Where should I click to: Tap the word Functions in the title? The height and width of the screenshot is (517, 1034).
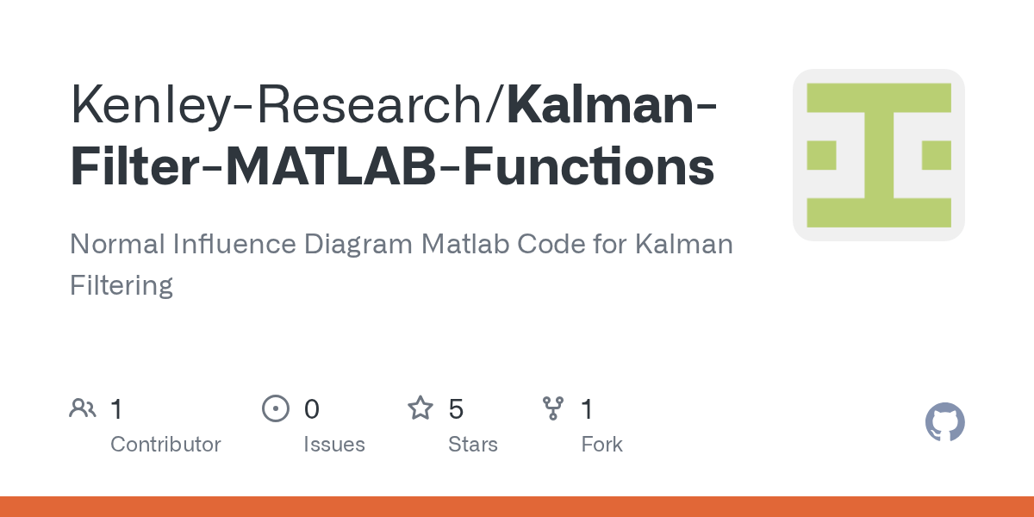click(x=589, y=166)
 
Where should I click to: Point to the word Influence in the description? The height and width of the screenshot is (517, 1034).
click(x=238, y=244)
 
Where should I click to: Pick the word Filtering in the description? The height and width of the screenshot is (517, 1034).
click(x=121, y=284)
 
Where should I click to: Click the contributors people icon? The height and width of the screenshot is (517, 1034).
click(x=83, y=408)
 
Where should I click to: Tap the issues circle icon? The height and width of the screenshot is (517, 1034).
click(x=275, y=408)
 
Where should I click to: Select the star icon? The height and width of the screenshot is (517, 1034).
click(x=420, y=408)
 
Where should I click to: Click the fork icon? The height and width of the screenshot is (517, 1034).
click(x=553, y=408)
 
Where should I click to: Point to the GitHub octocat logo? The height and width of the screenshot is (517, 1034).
click(x=944, y=423)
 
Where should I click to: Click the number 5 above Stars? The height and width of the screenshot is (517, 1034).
click(x=456, y=409)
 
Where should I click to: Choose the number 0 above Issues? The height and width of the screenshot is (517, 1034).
click(x=311, y=409)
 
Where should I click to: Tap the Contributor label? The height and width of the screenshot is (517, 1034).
click(x=165, y=445)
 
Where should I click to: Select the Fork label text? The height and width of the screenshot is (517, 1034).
click(x=601, y=445)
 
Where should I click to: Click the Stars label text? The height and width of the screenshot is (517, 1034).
click(x=472, y=445)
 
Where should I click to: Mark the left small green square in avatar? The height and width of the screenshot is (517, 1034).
click(x=821, y=155)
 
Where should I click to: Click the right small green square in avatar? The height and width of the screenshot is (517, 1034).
click(x=936, y=155)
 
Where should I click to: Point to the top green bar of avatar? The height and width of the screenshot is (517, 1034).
click(x=878, y=97)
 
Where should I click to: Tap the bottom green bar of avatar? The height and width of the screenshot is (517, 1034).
click(x=878, y=212)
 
